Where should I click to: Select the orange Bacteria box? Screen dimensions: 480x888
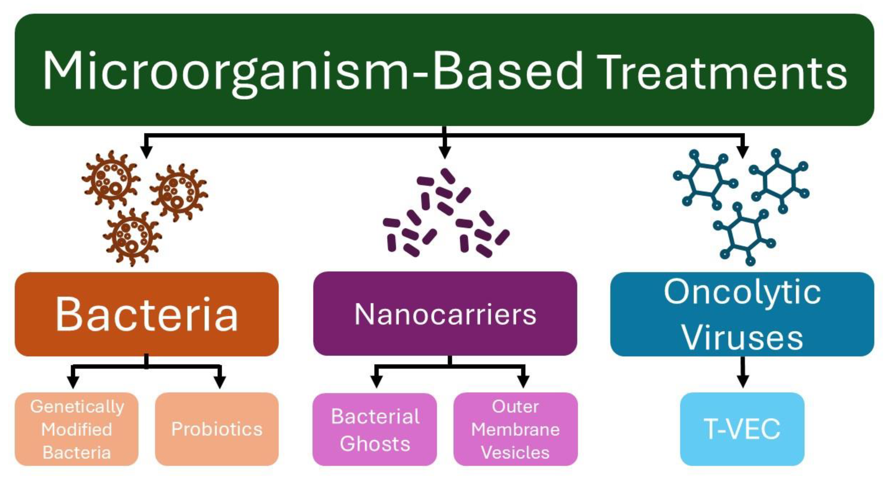point(147,314)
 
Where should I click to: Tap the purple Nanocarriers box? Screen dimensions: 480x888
point(445,314)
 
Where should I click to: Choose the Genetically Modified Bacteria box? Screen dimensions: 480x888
point(77,429)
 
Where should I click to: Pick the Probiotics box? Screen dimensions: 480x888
point(217,429)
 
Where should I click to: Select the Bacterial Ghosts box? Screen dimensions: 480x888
point(375,430)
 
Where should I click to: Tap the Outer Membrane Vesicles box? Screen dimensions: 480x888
point(515,429)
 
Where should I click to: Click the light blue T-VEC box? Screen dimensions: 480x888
point(742,429)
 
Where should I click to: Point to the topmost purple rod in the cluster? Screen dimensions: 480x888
point(448,175)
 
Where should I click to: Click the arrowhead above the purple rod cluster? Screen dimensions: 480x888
point(445,152)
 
